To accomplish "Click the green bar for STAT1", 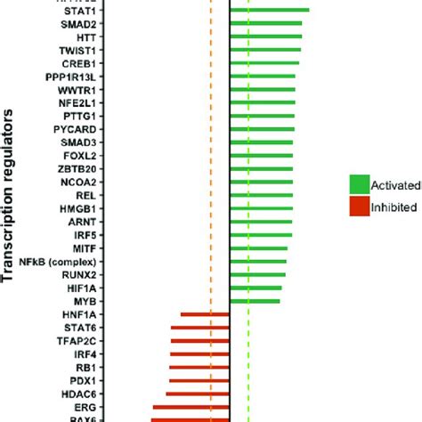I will (269, 11).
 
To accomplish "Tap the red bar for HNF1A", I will (205, 314).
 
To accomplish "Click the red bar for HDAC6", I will (199, 394).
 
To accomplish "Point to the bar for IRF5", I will (261, 235).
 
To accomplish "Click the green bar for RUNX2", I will (257, 274).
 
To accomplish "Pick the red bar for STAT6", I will (199, 328).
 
